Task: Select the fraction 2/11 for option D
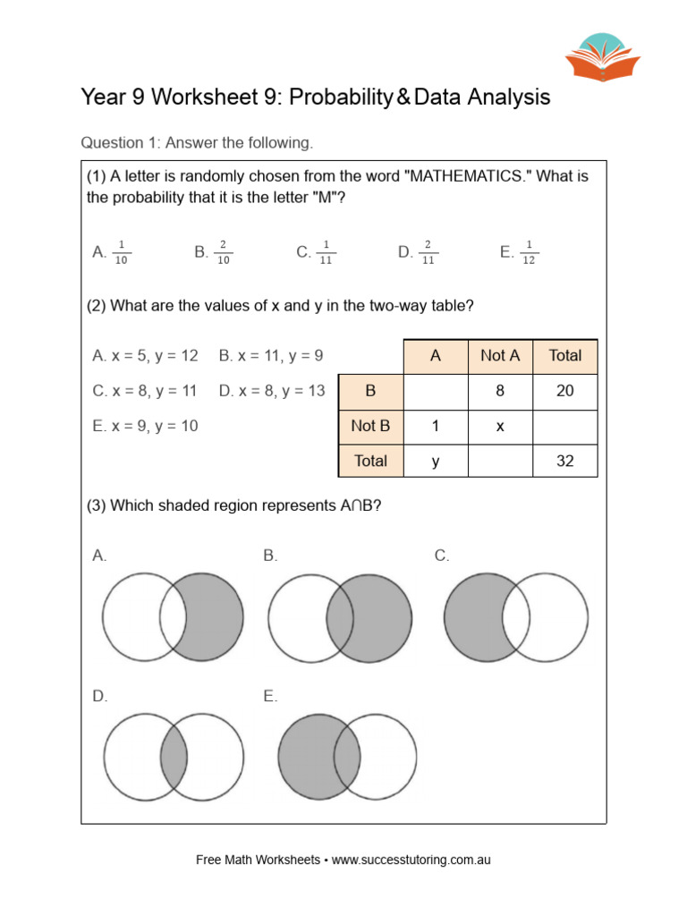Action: coord(428,252)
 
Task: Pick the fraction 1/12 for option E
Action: coord(530,252)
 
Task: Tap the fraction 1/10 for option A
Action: coord(123,252)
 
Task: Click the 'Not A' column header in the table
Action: coord(500,356)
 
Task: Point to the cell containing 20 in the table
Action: coord(564,391)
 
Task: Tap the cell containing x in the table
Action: coord(500,427)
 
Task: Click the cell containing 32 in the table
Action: coord(564,462)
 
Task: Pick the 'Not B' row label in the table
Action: coord(370,427)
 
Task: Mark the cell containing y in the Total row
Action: coord(436,462)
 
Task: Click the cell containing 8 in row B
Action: coord(500,391)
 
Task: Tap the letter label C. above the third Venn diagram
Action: coord(442,556)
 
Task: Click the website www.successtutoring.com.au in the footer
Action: coord(411,860)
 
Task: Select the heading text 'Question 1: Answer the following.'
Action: coord(197,142)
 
